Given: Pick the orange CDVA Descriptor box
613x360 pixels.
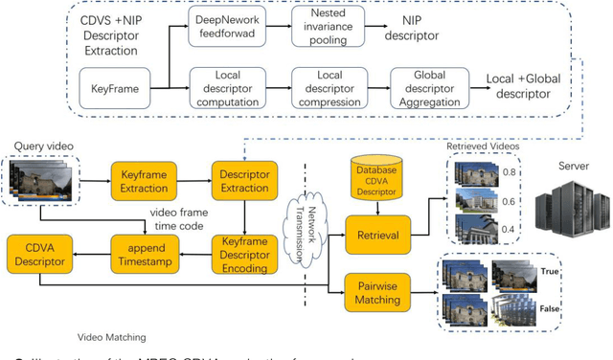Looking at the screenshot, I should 38,254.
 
